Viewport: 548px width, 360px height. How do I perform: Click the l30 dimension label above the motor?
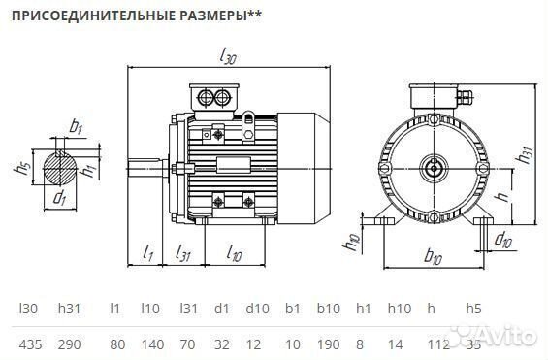pyautogui.click(x=230, y=58)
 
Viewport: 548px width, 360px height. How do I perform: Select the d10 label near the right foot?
pyautogui.click(x=503, y=239)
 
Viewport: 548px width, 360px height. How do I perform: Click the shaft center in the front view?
pyautogui.click(x=433, y=170)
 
